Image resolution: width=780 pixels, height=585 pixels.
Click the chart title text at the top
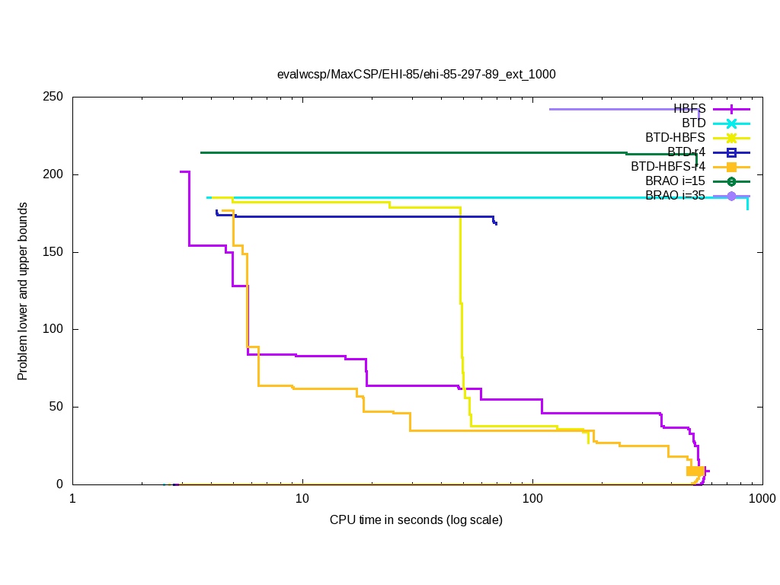416,75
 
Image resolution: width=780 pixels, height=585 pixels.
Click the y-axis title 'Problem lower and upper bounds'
23,292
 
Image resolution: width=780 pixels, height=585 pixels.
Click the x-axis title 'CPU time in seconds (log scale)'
416,520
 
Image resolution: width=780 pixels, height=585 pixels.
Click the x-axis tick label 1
72,498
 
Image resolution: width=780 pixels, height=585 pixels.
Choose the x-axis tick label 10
302,498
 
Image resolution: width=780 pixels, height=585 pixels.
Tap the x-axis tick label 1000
762,498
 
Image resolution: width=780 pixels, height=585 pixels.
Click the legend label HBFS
689,109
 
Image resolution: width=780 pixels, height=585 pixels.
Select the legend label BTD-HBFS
675,138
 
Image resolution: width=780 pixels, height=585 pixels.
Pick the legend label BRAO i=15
675,181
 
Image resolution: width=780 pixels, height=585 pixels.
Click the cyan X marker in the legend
731,123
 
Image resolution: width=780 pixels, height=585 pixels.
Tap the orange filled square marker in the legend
731,167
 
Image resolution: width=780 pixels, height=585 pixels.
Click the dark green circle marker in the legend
731,181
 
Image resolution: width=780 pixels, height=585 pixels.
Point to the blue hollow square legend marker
731,152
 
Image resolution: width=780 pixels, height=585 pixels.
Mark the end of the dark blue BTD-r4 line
497,224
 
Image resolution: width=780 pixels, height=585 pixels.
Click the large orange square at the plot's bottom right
695,471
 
